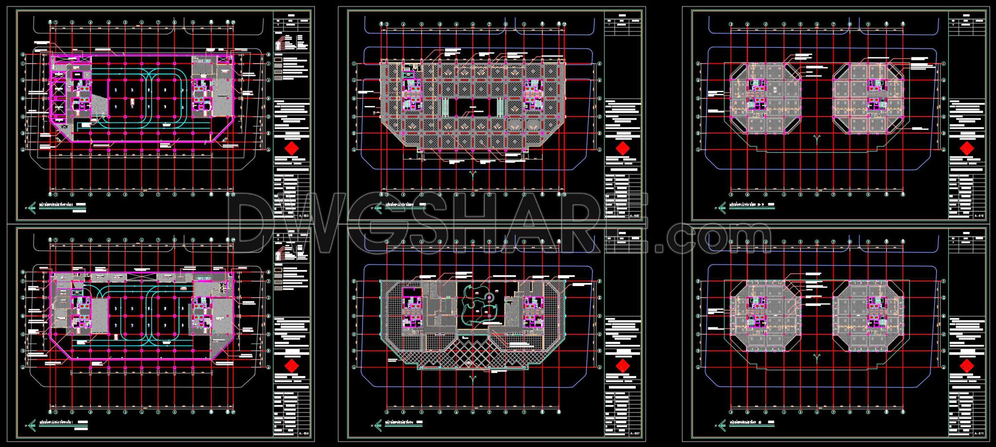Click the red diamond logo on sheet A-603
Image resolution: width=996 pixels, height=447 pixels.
point(291,149)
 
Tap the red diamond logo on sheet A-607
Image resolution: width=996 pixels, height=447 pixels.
point(622,366)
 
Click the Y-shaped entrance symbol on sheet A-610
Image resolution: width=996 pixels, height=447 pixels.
point(817,139)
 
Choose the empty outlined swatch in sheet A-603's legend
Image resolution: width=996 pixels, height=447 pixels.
point(278,62)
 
